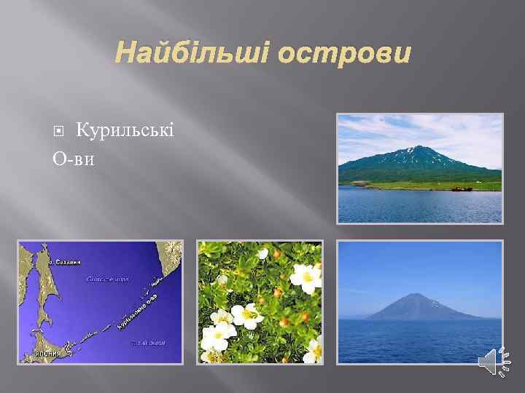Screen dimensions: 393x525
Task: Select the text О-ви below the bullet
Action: (x=74, y=158)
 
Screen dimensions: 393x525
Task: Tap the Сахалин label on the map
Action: (x=66, y=261)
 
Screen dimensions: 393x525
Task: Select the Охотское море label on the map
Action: (x=108, y=278)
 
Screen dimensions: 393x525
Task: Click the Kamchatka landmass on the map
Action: (x=169, y=266)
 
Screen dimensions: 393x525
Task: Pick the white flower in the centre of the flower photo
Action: (x=249, y=315)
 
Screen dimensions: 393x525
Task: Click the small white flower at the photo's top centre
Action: (x=262, y=253)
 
